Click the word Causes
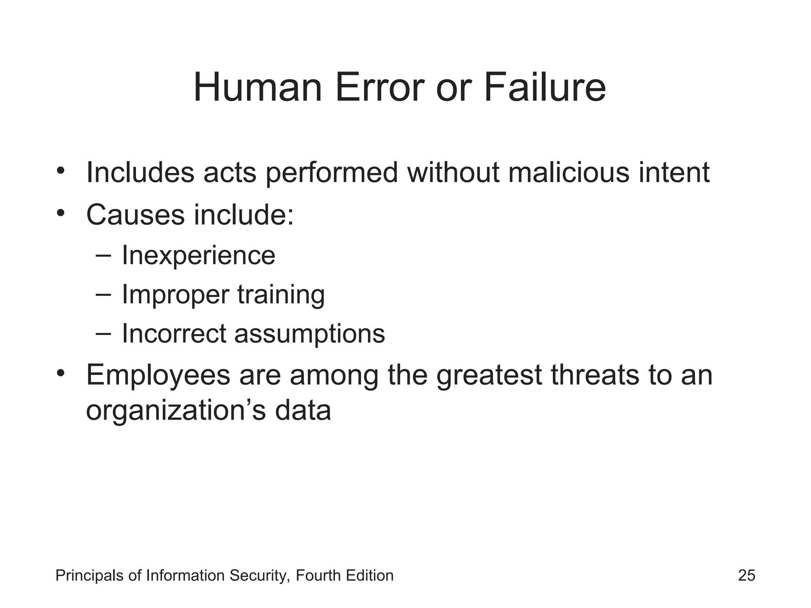pyautogui.click(x=135, y=215)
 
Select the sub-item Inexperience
pyautogui.click(x=198, y=255)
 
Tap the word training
pyautogui.click(x=281, y=295)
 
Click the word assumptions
pyautogui.click(x=309, y=334)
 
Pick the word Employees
pyautogui.click(x=158, y=376)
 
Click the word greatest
pyautogui.click(x=489, y=376)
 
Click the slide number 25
pyautogui.click(x=746, y=576)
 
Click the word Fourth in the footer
pyautogui.click(x=318, y=576)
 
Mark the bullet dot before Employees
pyautogui.click(x=60, y=373)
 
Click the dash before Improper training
pyautogui.click(x=103, y=294)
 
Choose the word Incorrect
pyautogui.click(x=174, y=334)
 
